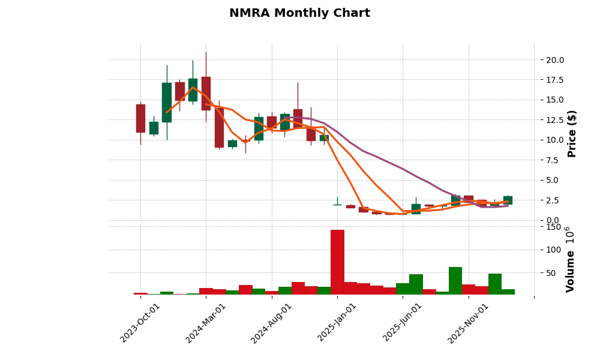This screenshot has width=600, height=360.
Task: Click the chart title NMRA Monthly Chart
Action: pyautogui.click(x=299, y=13)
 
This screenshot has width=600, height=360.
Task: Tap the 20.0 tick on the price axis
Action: pyautogui.click(x=555, y=60)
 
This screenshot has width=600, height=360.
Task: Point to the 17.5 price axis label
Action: pyautogui.click(x=555, y=80)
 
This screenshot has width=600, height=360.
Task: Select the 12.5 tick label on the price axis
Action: pyautogui.click(x=555, y=120)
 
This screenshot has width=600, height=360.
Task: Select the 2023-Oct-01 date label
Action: pyautogui.click(x=140, y=323)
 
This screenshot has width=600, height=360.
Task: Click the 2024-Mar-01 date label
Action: pyautogui.click(x=206, y=323)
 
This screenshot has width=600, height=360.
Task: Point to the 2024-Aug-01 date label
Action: pyautogui.click(x=271, y=323)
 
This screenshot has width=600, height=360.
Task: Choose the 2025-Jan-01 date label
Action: pyautogui.click(x=337, y=323)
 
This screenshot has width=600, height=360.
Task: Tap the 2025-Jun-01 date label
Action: pyautogui.click(x=403, y=323)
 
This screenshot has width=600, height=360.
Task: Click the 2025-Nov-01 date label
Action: pyautogui.click(x=468, y=323)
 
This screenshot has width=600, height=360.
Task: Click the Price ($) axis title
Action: pyautogui.click(x=572, y=133)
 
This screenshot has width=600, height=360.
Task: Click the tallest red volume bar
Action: pyautogui.click(x=337, y=262)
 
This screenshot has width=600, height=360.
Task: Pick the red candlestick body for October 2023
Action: pyautogui.click(x=140, y=118)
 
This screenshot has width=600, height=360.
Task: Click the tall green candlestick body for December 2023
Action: pyautogui.click(x=167, y=102)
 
